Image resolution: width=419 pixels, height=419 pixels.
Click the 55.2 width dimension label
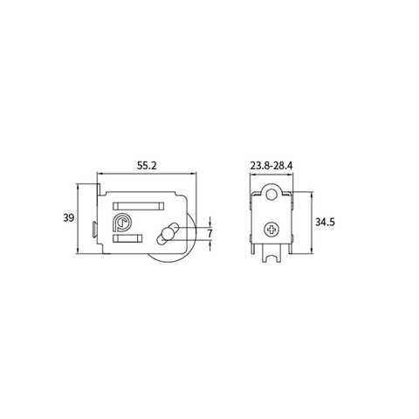tap(147, 164)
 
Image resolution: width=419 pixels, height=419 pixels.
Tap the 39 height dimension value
tap(68, 218)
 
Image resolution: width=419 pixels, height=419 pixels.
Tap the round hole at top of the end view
tap(273, 197)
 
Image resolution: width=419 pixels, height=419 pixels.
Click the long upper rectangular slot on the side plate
tap(140, 205)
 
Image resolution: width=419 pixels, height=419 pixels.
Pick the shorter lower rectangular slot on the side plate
tap(129, 237)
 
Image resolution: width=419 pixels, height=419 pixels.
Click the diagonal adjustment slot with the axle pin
tap(166, 233)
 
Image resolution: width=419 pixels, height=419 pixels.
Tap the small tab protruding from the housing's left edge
tap(93, 229)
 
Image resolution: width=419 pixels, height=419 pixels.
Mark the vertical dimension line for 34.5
tap(308, 223)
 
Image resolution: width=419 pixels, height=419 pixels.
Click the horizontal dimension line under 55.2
tap(147, 174)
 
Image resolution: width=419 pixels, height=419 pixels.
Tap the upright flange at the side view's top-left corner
tap(100, 185)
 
